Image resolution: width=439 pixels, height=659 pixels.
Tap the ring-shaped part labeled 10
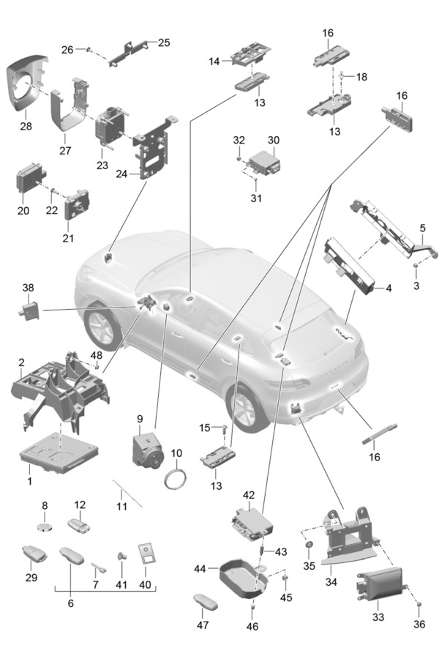[x=176, y=480]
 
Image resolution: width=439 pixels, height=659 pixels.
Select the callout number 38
[x=28, y=288]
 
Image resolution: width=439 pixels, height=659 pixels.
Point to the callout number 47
[x=203, y=625]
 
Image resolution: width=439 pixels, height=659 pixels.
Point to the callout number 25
[x=164, y=42]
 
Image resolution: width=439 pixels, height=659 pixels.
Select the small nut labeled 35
[x=310, y=545]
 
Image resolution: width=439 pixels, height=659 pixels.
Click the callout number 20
[x=23, y=211]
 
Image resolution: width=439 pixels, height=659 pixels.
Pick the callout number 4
[x=389, y=288]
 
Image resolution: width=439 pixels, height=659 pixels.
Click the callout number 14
[x=214, y=62]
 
